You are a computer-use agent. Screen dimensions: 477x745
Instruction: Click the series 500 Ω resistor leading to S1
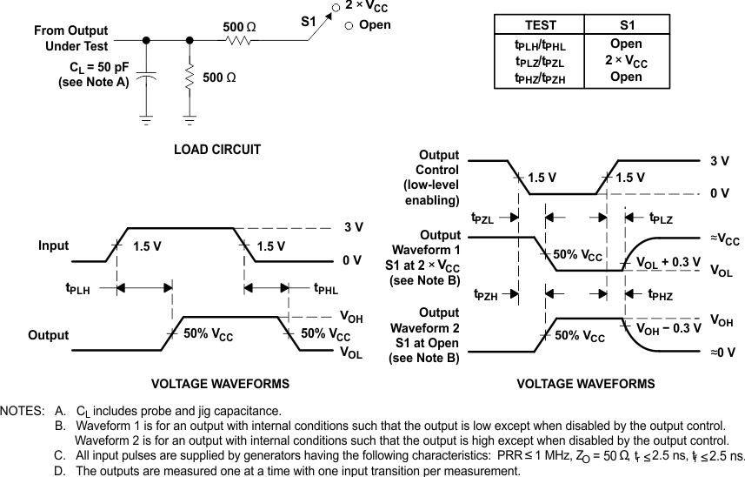(239, 40)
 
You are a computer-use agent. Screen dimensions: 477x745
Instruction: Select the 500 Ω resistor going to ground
(190, 77)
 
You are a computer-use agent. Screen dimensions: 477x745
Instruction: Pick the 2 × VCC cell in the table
(625, 60)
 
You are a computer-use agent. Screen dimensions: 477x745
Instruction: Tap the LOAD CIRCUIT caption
(217, 150)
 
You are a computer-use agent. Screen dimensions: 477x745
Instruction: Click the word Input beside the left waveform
(53, 246)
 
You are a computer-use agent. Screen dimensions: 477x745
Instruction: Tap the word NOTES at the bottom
(23, 410)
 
